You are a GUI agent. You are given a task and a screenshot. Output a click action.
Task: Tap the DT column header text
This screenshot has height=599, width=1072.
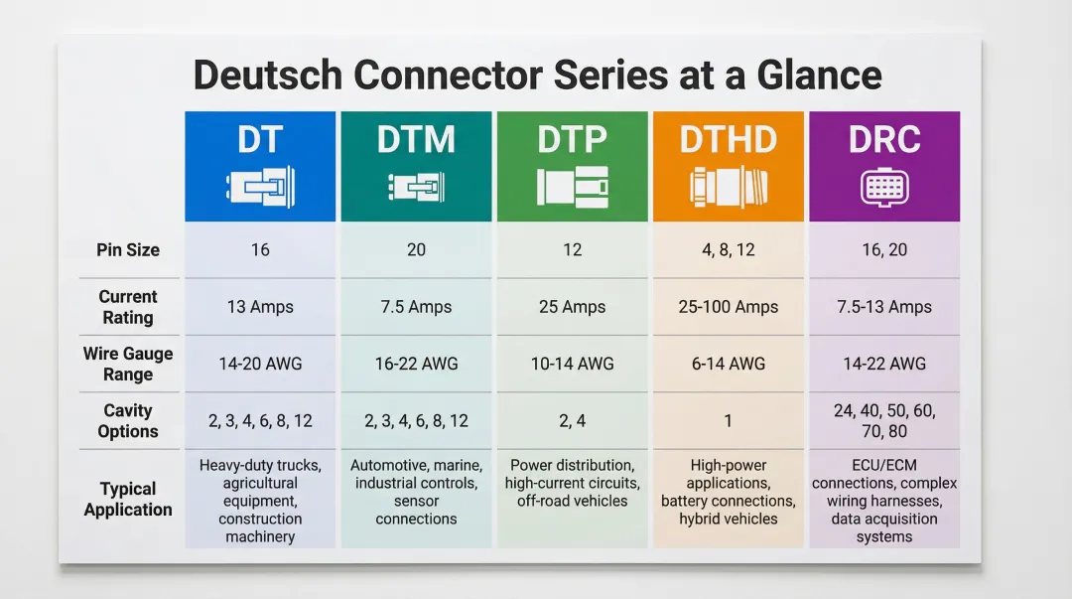(x=260, y=140)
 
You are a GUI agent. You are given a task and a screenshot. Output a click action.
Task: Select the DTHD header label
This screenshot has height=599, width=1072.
(x=729, y=140)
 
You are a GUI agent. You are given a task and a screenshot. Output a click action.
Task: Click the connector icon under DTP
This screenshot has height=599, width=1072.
(x=573, y=187)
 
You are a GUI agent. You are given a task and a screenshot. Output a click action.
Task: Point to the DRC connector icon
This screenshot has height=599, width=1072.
(x=883, y=187)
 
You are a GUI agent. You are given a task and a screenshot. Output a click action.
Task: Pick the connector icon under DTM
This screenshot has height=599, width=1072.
(x=416, y=187)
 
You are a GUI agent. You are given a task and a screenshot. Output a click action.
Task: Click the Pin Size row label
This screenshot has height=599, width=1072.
(x=128, y=249)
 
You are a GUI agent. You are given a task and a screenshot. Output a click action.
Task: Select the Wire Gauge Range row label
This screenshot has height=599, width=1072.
(x=128, y=364)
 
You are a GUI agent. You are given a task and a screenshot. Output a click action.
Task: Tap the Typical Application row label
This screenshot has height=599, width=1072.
(x=128, y=499)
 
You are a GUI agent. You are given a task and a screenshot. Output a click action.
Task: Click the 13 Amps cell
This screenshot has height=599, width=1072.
(x=260, y=307)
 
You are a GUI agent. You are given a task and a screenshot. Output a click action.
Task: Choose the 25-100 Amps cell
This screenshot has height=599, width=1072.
(x=729, y=307)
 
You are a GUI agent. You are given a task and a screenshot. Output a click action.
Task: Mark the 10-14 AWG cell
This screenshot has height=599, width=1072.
(x=573, y=364)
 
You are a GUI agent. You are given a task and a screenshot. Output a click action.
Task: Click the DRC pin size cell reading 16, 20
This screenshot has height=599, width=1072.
(x=883, y=249)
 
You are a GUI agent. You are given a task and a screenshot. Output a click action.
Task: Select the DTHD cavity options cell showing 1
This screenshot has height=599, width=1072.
(x=729, y=421)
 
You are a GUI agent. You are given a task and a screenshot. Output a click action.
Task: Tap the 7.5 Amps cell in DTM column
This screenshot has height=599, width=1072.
(x=416, y=307)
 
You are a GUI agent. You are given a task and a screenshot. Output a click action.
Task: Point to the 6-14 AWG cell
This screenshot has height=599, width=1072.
(x=729, y=364)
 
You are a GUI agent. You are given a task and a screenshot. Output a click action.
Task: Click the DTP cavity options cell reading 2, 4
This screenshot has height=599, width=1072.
(x=573, y=421)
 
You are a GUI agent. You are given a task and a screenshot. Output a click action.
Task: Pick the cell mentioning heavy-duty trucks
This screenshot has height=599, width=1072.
(x=260, y=501)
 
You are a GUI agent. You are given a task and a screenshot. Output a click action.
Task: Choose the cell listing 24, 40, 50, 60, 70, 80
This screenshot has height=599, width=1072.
(x=883, y=421)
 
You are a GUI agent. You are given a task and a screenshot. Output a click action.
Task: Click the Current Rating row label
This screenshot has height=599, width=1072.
(x=128, y=307)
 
